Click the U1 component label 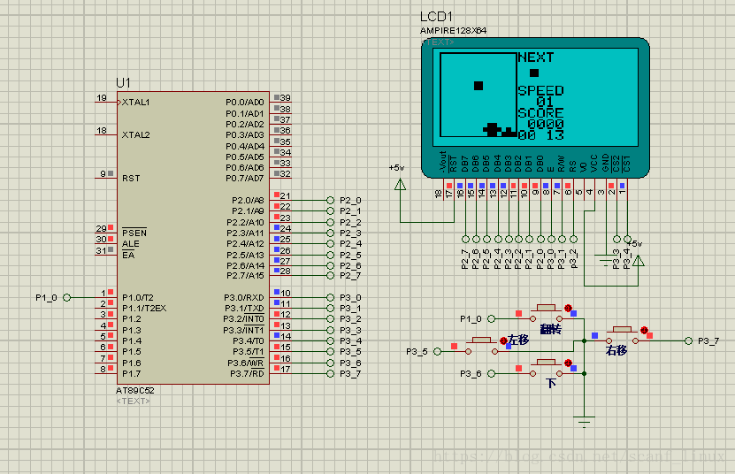(123, 83)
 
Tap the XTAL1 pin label (136, 102)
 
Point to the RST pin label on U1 (131, 178)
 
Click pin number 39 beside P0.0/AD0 (286, 98)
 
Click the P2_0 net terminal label (350, 200)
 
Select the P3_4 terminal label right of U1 (350, 340)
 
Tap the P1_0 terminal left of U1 (47, 297)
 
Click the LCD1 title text (436, 17)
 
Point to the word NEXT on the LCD (535, 57)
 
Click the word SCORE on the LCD (540, 113)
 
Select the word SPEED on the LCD (540, 91)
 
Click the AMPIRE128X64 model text (453, 30)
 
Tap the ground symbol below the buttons (585, 422)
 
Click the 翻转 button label (550, 329)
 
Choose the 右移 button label (616, 351)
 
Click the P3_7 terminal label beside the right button (708, 340)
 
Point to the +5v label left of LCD (396, 167)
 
